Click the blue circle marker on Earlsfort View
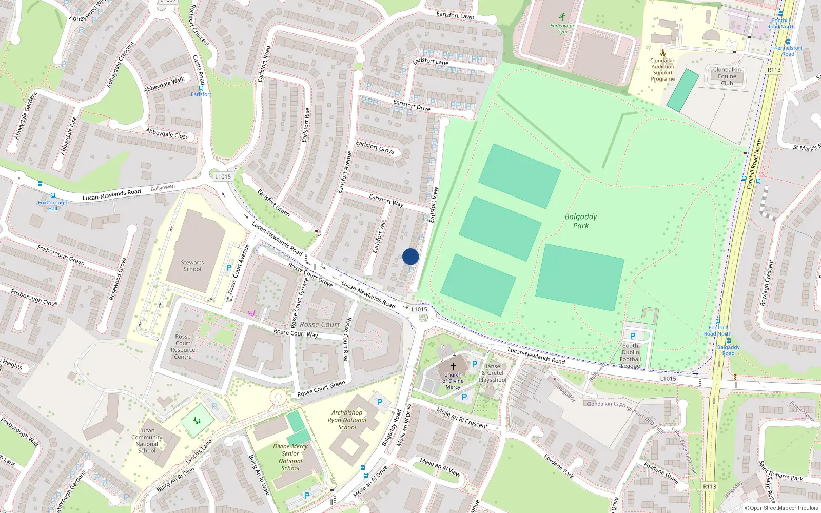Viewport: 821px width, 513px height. pos(411,256)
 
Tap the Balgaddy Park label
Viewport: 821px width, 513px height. pos(580,221)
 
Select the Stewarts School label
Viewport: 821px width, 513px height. pos(192,266)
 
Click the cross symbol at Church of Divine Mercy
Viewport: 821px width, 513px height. pos(453,366)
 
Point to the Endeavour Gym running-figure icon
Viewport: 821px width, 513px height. pos(562,16)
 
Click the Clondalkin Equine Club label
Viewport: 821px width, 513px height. pos(727,76)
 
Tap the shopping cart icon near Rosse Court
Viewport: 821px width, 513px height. pos(251,313)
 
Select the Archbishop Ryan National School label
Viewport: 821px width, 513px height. pos(347,420)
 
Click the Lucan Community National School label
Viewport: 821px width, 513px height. pos(147,441)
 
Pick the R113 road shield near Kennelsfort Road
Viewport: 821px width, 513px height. pos(774,70)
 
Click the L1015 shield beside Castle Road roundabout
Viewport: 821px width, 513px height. pos(223,176)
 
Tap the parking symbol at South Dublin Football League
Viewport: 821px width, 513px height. pos(633,336)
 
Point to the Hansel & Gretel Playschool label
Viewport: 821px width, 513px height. pos(493,373)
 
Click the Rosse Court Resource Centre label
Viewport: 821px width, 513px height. pos(183,347)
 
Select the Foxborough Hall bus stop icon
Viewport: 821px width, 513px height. pos(52,195)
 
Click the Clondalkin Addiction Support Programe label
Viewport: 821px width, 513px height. pos(663,70)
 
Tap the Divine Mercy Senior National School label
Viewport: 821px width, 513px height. pos(290,457)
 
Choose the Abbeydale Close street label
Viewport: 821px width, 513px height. pos(167,134)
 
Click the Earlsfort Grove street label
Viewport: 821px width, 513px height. pos(375,147)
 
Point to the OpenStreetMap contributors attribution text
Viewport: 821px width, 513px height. pos(781,508)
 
